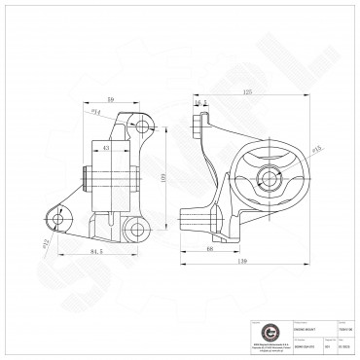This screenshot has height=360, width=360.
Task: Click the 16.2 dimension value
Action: pyautogui.click(x=203, y=101)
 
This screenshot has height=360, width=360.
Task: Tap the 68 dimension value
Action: pyautogui.click(x=210, y=249)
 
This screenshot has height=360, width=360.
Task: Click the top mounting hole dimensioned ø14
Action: pyautogui.click(x=142, y=126)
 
